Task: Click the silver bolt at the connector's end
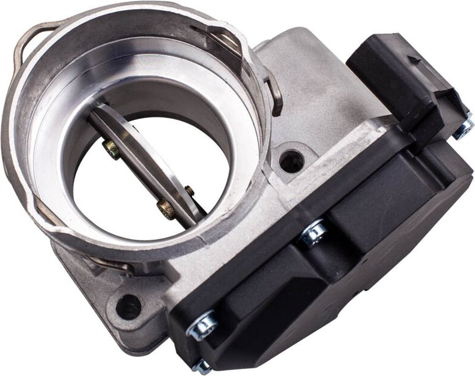pyautogui.click(x=463, y=128)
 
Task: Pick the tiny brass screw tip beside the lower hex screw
pyautogui.click(x=190, y=191)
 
